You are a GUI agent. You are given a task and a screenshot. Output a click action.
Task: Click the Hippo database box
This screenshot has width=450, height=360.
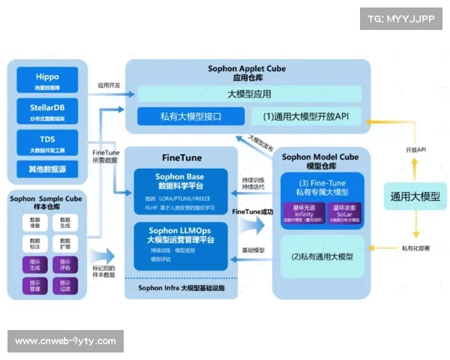[x=46, y=81]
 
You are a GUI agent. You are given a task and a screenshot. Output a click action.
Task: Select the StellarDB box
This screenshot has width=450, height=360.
[x=46, y=111]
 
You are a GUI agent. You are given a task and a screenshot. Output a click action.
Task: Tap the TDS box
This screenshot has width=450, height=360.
[x=46, y=142]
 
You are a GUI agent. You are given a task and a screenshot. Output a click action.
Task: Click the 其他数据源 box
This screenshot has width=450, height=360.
[x=46, y=169]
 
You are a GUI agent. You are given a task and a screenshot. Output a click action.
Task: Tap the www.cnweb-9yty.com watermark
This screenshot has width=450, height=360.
[x=65, y=341]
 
